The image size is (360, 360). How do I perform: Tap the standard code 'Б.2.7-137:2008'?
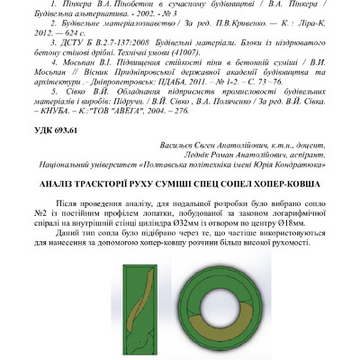pyautogui.click(x=118, y=66)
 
